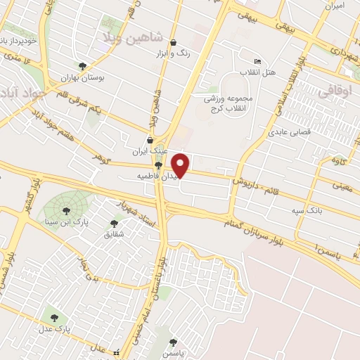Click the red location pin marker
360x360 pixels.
pyautogui.click(x=181, y=164)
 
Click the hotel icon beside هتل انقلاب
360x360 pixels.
pyautogui.click(x=257, y=61)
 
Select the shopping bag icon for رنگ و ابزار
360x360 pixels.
pyautogui.click(x=173, y=42)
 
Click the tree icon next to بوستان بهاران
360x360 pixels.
pyautogui.click(x=83, y=67)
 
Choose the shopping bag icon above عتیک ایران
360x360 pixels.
pyautogui.click(x=150, y=139)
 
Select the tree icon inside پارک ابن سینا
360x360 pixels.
pyautogui.click(x=66, y=209)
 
